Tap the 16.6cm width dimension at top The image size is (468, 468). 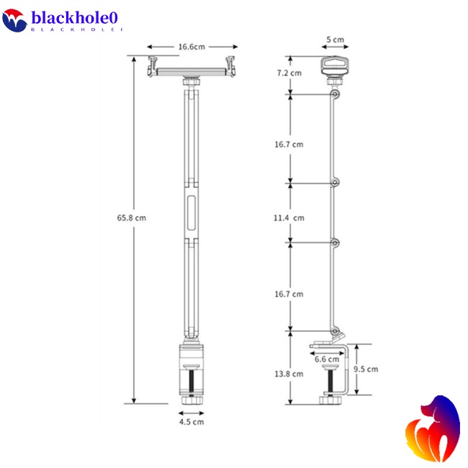pos(192,47)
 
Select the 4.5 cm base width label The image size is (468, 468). pos(192,421)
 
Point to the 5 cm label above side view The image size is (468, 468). pos(334,40)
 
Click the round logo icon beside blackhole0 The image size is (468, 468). pos(14,21)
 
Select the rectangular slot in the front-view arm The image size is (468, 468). pos(192,215)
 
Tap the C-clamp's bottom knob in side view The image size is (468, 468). pos(332,400)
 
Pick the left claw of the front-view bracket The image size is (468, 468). pos(153,66)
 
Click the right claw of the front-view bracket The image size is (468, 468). pos(230,66)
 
